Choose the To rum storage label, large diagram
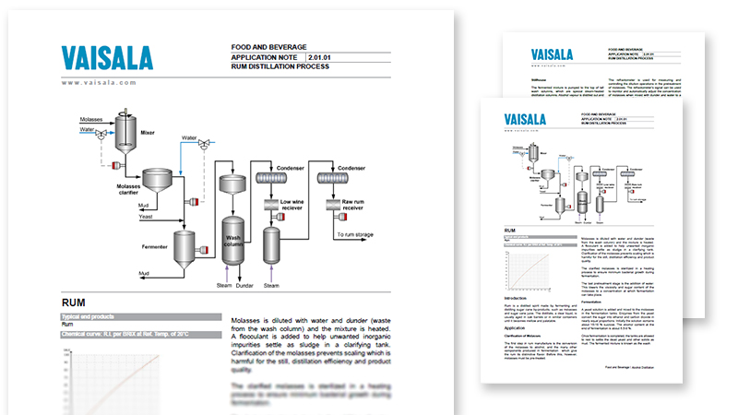tap(364, 236)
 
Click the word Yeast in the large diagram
tap(148, 219)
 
